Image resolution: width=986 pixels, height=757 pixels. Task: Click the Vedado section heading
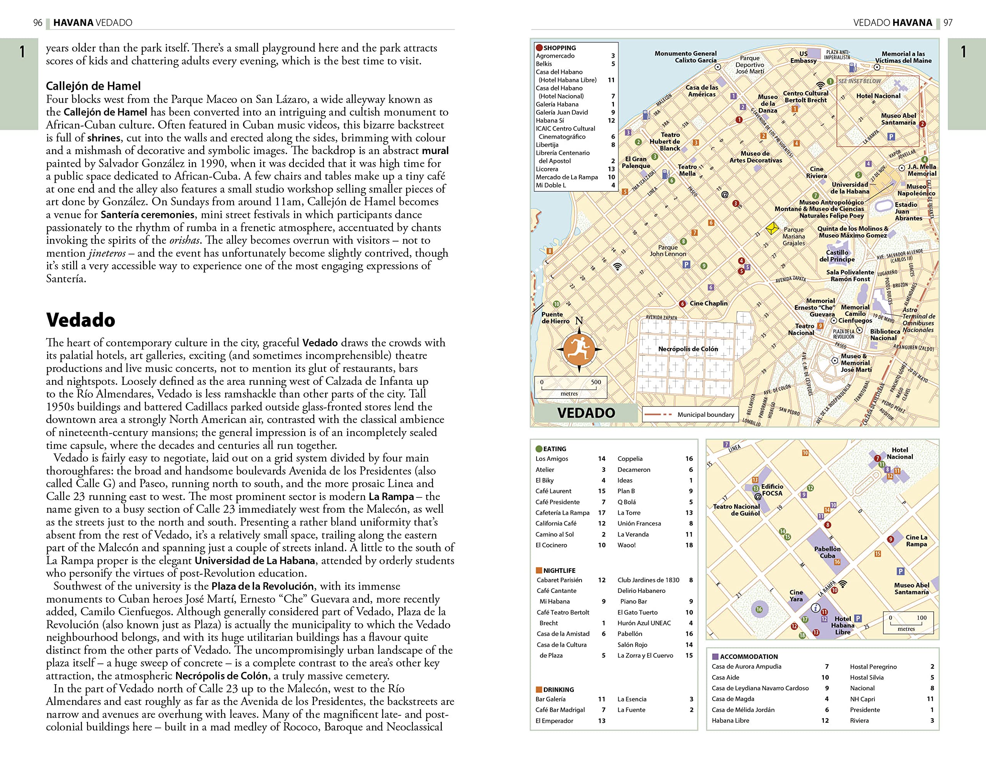80,320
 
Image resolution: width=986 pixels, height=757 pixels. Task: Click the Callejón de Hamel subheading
93,86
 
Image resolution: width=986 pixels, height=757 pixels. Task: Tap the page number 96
38,22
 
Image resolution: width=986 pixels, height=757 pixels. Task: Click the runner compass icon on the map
579,349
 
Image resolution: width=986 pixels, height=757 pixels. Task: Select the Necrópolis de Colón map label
688,349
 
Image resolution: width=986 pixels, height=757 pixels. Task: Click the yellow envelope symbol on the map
772,228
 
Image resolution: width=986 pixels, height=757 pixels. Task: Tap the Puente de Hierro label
555,318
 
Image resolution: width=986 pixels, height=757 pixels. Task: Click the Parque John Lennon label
667,250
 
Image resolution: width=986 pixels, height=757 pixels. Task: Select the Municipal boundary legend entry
705,415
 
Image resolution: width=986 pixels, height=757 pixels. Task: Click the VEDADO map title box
585,413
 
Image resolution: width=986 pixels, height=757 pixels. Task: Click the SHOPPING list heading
559,48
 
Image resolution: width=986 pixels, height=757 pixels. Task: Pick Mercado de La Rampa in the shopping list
567,177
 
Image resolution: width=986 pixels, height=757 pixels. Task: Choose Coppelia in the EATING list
630,459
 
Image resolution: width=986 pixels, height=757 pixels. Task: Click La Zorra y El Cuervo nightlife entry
645,656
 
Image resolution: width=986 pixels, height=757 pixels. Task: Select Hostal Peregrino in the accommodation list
873,667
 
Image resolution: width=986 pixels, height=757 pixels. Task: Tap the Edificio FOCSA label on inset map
772,490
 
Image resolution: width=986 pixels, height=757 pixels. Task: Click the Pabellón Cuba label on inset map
827,552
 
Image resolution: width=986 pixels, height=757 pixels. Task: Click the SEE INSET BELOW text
859,81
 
